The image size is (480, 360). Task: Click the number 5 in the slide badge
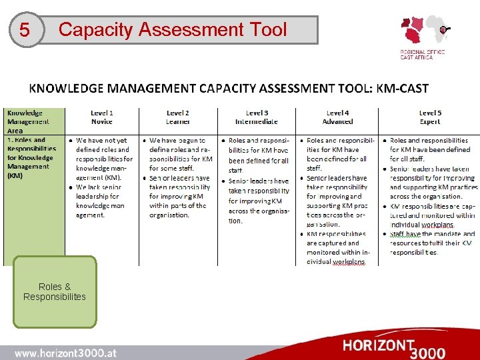(x=25, y=31)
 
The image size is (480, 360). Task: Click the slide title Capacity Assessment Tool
(x=173, y=30)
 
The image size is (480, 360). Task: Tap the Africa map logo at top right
(x=424, y=31)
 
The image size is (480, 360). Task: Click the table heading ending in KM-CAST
(x=228, y=88)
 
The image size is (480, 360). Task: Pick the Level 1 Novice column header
(x=102, y=117)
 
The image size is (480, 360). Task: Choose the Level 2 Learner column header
(x=177, y=117)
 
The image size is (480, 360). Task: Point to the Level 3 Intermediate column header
(x=257, y=117)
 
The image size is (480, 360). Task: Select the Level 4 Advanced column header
(x=337, y=117)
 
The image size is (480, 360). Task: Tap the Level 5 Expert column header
(x=429, y=117)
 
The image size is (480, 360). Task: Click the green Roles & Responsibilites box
(x=55, y=292)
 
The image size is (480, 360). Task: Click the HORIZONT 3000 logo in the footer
(x=393, y=347)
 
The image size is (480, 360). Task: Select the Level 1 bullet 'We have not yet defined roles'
(x=103, y=159)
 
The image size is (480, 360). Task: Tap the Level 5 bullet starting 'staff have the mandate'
(x=432, y=243)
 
